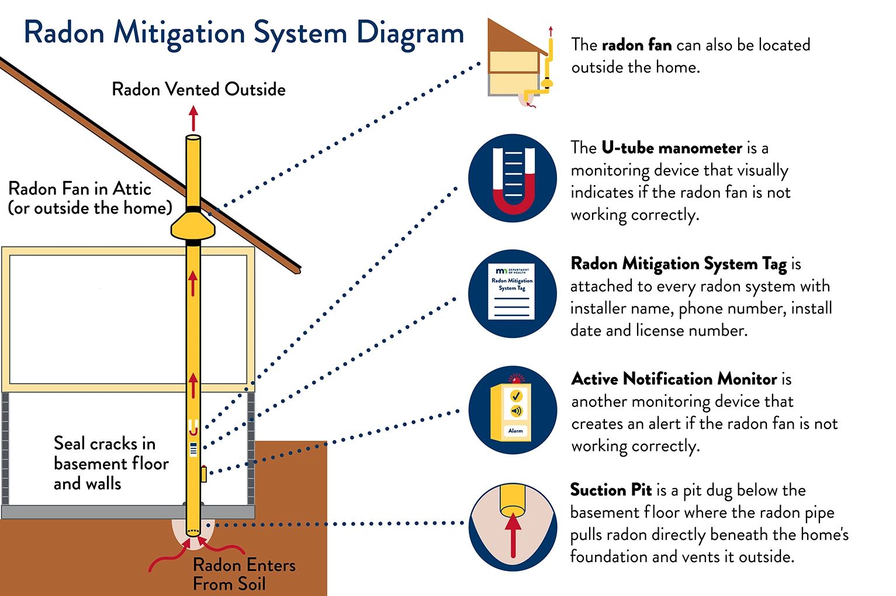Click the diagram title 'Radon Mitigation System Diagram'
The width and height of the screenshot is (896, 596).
[x=244, y=33]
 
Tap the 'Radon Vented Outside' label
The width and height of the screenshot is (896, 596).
[x=199, y=89]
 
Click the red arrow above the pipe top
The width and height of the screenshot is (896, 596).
[x=193, y=118]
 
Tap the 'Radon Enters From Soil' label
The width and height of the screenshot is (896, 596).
[x=244, y=574]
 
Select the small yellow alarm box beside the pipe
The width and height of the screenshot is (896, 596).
[x=203, y=473]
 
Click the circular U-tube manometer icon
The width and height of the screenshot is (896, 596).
[x=513, y=179]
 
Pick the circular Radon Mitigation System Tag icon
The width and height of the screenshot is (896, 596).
[x=513, y=293]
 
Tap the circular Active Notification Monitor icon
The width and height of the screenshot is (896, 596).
[x=513, y=410]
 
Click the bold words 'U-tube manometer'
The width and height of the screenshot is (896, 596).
[x=672, y=148]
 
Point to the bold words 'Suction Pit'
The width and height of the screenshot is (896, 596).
[x=611, y=490]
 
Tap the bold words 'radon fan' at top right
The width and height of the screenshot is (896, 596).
[x=636, y=45]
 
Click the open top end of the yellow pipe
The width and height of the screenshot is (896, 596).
[x=193, y=138]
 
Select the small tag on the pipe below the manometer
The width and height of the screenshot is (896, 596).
[x=193, y=449]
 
